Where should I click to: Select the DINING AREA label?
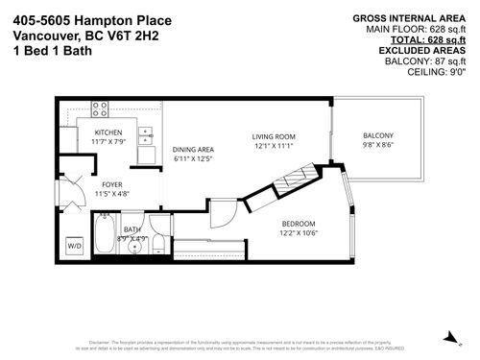(193, 149)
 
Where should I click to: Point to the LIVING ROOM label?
(272, 135)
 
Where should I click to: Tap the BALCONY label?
(377, 134)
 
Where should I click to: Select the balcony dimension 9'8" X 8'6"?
(377, 144)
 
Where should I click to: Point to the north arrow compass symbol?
(448, 335)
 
